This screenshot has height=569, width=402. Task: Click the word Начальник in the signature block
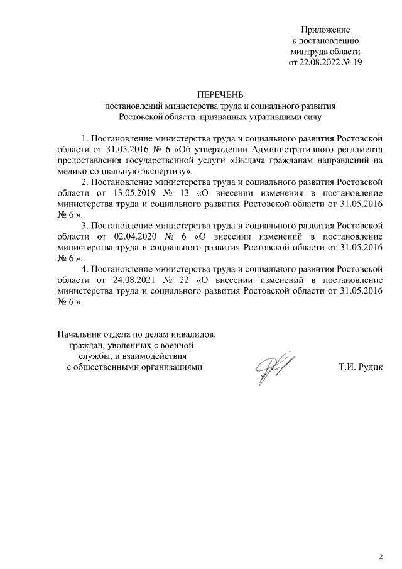pyautogui.click(x=79, y=333)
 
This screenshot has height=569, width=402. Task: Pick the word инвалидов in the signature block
pyautogui.click(x=195, y=333)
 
